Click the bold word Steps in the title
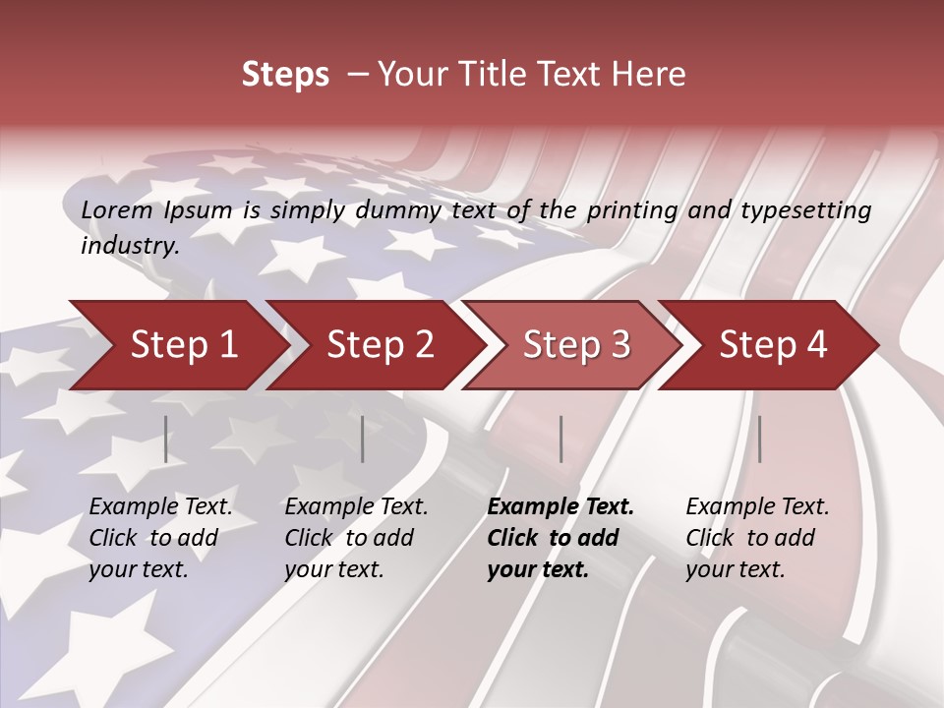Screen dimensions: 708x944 [285, 75]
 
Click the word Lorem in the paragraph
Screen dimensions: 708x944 [116, 210]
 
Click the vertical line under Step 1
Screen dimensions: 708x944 [166, 439]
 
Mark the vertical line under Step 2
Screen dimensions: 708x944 [363, 439]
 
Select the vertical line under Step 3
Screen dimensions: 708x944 [560, 439]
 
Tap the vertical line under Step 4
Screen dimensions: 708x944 [759, 439]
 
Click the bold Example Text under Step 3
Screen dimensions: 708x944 [560, 507]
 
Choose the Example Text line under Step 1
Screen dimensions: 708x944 [161, 507]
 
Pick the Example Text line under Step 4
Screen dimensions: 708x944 [757, 507]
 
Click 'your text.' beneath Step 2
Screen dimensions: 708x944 [334, 569]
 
